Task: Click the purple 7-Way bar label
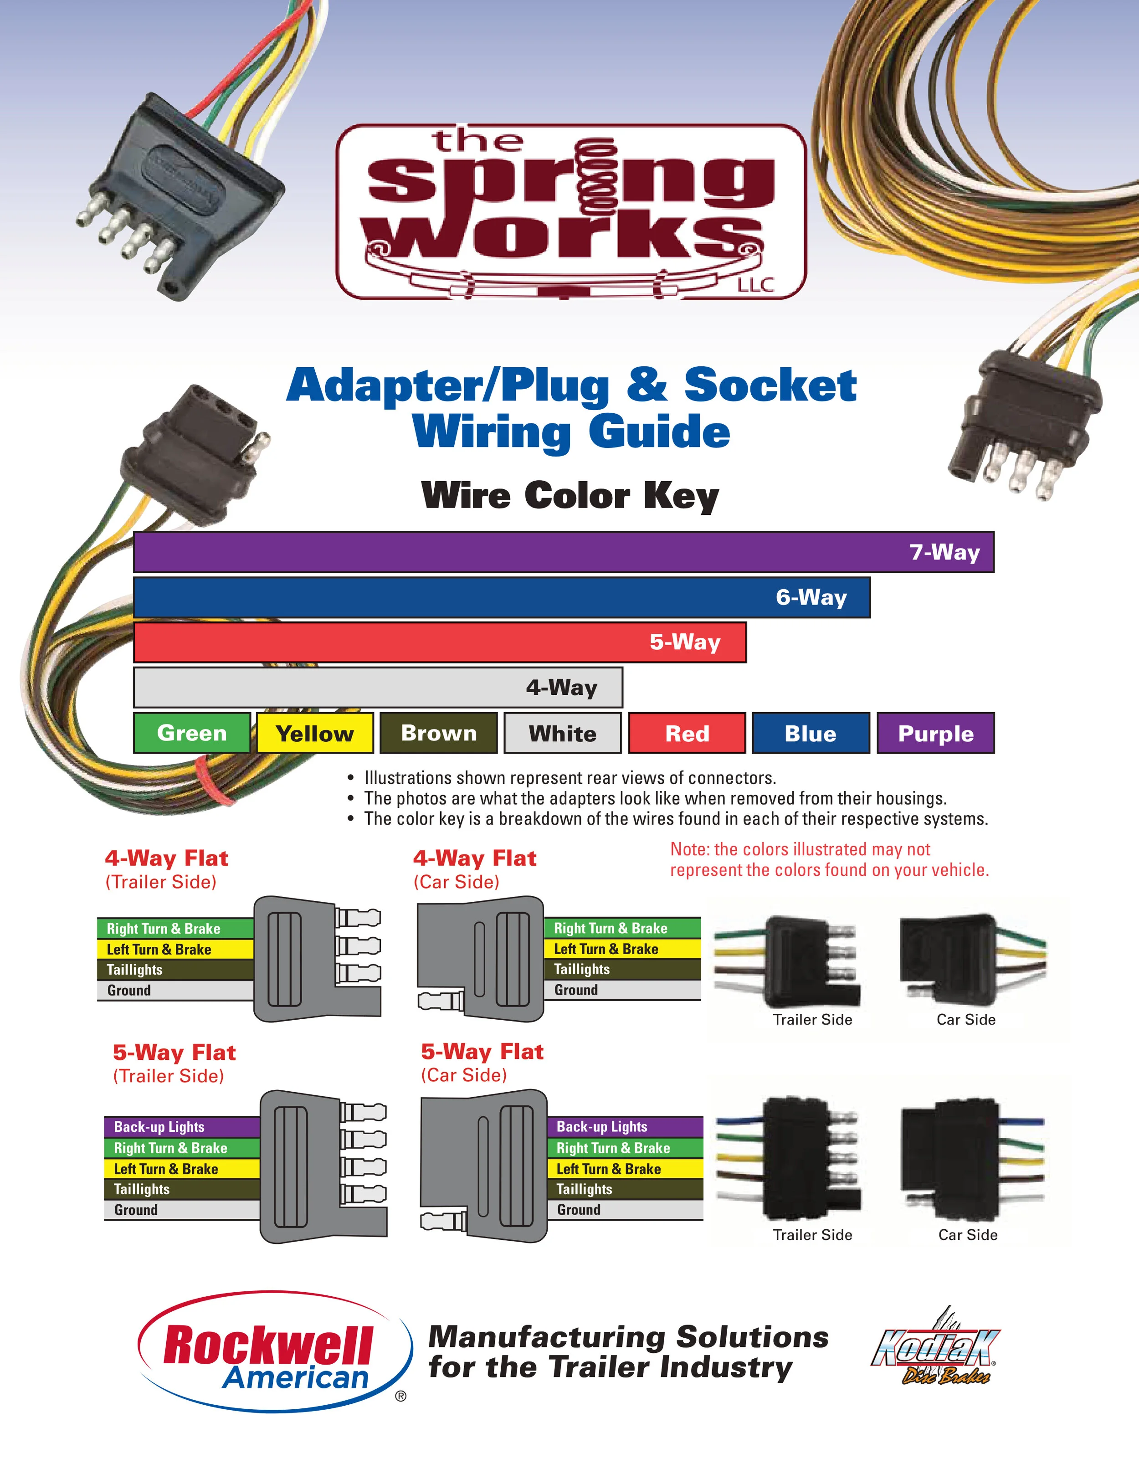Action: point(944,552)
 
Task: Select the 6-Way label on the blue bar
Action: point(811,597)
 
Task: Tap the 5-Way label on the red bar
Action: point(685,642)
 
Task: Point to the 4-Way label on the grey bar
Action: point(561,688)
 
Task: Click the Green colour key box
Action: point(192,733)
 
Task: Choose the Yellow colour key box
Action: point(315,734)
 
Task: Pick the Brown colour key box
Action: point(439,733)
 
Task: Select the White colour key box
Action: point(563,734)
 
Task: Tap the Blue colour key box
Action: point(811,734)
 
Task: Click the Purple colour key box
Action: point(935,734)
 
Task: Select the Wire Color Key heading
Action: point(569,496)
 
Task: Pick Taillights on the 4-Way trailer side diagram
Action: point(135,970)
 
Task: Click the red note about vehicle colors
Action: point(829,860)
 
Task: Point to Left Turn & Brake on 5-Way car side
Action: point(609,1169)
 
